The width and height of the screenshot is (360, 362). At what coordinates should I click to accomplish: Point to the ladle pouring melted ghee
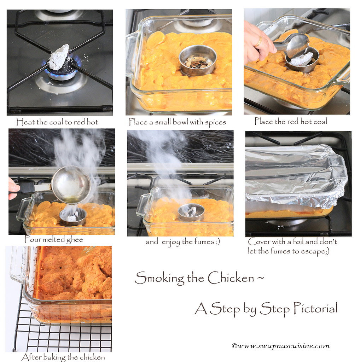[70, 185]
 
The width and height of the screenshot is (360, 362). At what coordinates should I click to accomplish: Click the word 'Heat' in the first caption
[25, 122]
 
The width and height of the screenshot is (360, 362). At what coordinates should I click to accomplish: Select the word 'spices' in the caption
[213, 122]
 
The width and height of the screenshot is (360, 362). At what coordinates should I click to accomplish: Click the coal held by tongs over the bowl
[301, 59]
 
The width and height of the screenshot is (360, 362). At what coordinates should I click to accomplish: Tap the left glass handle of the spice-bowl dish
[132, 53]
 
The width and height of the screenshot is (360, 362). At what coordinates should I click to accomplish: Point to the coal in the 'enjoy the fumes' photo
[191, 212]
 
